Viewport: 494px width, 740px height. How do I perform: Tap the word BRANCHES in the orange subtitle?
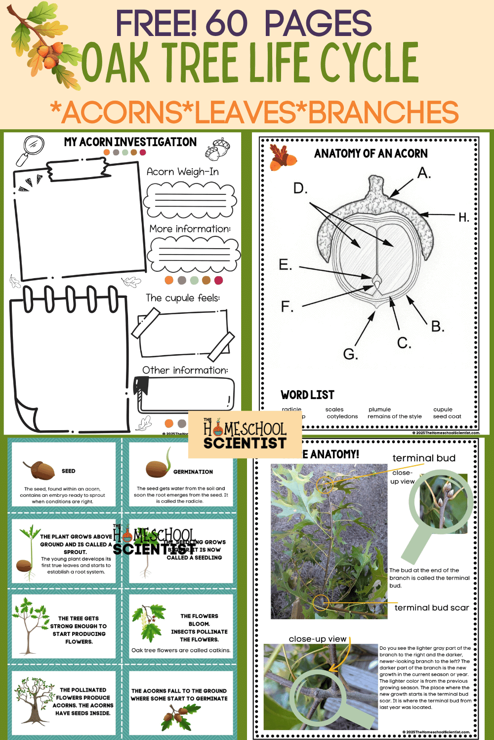point(383,112)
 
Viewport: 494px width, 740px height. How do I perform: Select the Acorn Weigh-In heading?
point(182,172)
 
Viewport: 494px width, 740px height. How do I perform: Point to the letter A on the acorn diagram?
point(424,173)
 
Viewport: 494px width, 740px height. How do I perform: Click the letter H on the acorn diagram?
point(463,217)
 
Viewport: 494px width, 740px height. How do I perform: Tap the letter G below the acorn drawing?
point(350,354)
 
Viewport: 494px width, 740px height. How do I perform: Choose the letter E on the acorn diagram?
point(285,265)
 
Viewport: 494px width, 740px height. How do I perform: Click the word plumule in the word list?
point(379,409)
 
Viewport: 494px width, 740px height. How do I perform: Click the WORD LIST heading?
point(307,395)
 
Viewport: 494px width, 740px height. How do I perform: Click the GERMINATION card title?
point(193,472)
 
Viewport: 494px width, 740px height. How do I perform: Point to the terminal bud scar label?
point(431,608)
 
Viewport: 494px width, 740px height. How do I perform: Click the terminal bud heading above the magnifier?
point(423,458)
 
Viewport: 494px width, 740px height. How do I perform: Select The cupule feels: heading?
point(182,298)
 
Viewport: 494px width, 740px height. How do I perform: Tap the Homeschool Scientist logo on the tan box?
point(245,434)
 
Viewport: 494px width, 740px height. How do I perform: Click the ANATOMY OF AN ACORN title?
point(370,153)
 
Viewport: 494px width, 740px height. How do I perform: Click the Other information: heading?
point(185,370)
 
